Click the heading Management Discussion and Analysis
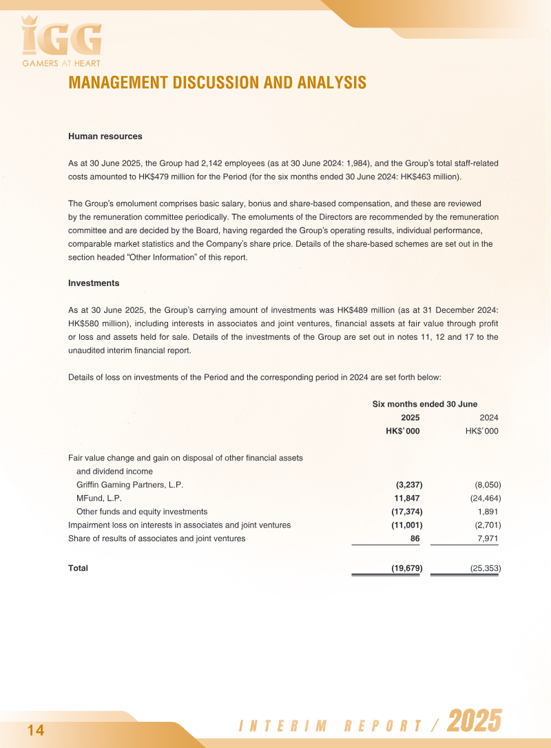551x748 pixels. [x=217, y=83]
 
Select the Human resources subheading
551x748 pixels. [x=105, y=137]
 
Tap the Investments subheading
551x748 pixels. [x=94, y=283]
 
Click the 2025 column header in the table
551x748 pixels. [x=410, y=418]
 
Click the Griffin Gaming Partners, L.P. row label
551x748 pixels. [x=129, y=485]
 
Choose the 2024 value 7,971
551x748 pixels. [x=488, y=538]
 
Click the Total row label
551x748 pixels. [x=79, y=569]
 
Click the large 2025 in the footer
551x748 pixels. [x=474, y=722]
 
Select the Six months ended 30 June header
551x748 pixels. [x=424, y=404]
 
